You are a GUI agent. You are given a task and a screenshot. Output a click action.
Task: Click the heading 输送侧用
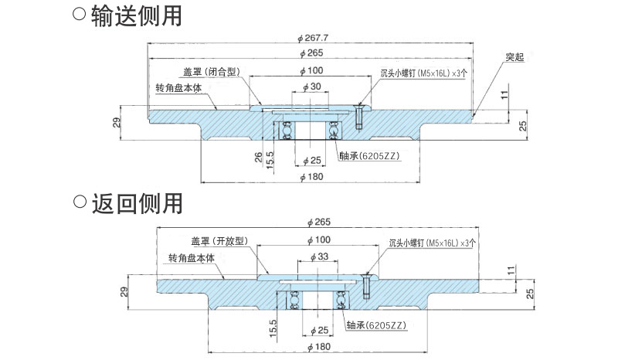point(136,15)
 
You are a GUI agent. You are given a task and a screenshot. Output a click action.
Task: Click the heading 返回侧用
point(136,203)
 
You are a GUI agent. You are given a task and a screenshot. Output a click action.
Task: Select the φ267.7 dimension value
point(313,37)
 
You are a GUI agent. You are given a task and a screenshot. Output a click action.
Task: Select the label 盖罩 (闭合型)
point(209,71)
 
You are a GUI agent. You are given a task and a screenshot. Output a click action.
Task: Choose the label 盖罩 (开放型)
point(217,240)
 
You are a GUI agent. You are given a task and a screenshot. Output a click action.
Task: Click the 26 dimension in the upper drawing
point(257,158)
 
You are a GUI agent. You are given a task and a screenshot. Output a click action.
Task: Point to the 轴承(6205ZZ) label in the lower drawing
point(377,326)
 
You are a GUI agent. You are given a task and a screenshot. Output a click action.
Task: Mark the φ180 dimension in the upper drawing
point(311,177)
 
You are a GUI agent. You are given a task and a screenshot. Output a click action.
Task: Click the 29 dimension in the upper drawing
point(115,124)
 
